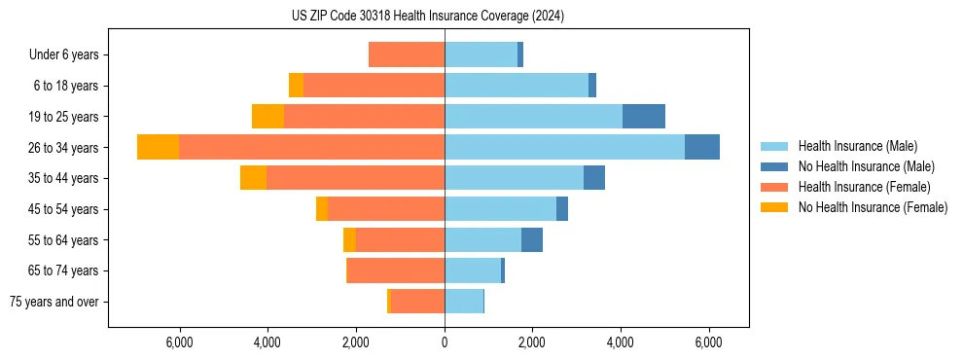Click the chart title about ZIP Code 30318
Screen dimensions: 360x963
[428, 17]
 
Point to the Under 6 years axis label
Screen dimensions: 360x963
[64, 54]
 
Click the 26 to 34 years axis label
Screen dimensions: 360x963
[64, 148]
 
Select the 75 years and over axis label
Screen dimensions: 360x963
[54, 302]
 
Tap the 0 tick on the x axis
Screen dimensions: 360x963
[445, 342]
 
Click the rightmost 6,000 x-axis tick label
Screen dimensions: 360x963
[708, 342]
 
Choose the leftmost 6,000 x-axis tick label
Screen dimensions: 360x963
[181, 342]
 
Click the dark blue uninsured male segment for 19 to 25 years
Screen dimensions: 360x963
[644, 117]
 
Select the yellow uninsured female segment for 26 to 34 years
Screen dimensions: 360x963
[158, 147]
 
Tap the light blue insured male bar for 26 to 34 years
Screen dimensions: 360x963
[564, 147]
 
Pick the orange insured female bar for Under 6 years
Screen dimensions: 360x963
[407, 54]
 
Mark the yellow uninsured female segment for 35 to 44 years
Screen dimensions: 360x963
[253, 178]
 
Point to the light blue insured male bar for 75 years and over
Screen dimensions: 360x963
[464, 302]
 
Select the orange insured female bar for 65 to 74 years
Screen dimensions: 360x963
[396, 270]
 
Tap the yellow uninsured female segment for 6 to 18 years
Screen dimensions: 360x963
[296, 86]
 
